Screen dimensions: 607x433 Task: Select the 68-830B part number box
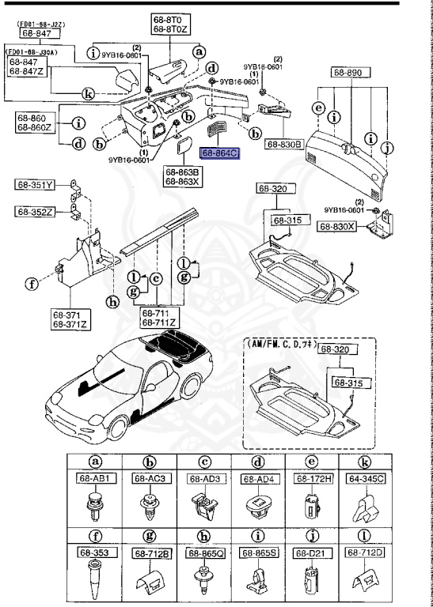286,145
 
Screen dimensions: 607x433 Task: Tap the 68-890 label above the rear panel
347,72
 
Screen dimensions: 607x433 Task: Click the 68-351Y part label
34,186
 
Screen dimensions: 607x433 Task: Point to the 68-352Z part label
34,211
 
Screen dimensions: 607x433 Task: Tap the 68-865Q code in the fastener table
206,552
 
